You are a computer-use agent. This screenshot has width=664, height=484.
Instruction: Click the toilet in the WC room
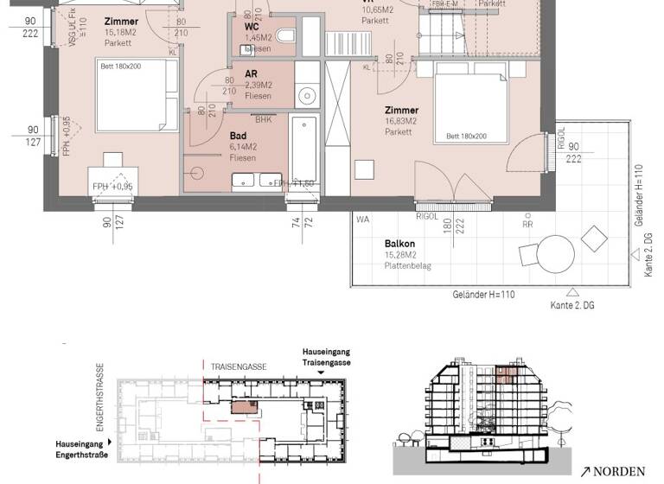pyautogui.click(x=288, y=35)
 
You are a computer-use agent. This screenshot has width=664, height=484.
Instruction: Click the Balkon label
pyautogui.click(x=398, y=245)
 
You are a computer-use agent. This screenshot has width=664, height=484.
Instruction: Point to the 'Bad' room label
pyautogui.click(x=238, y=136)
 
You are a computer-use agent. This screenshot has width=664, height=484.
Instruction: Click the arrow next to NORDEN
pyautogui.click(x=585, y=471)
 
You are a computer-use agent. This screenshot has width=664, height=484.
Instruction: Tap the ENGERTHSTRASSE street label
pyautogui.click(x=100, y=398)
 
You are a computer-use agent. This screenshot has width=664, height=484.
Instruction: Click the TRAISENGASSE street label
pyautogui.click(x=239, y=366)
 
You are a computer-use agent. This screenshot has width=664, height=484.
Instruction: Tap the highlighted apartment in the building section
pyautogui.click(x=507, y=374)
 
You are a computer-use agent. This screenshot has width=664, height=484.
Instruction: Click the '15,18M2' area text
pyautogui.click(x=121, y=32)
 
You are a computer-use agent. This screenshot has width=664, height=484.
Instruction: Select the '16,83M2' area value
pyautogui.click(x=402, y=122)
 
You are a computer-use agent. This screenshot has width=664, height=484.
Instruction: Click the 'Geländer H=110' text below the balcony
pyautogui.click(x=483, y=295)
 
